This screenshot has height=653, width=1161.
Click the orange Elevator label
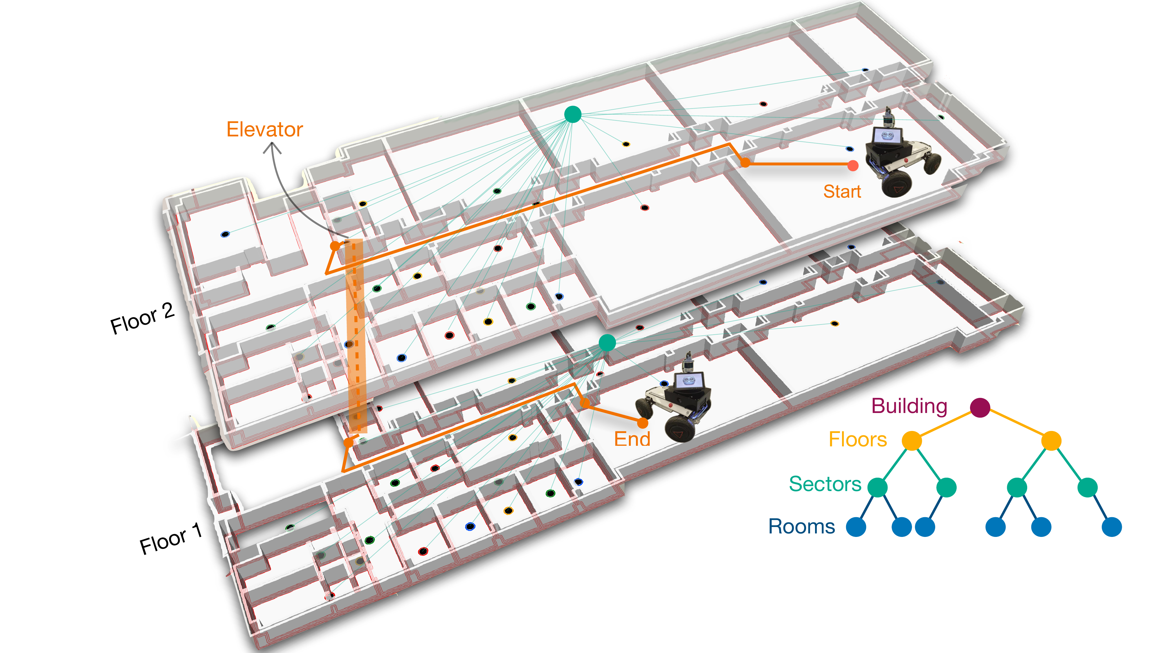tap(264, 130)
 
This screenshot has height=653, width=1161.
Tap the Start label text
tap(842, 192)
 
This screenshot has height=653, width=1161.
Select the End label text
tap(632, 439)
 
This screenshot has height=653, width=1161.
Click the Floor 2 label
tap(143, 318)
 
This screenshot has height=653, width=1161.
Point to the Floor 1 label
tap(170, 539)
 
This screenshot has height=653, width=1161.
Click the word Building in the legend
tap(909, 406)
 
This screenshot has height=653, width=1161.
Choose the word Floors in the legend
tap(858, 439)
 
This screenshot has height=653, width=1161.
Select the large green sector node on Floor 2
tap(572, 114)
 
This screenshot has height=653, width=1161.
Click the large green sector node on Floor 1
tap(607, 342)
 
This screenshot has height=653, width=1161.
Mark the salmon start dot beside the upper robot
tap(853, 165)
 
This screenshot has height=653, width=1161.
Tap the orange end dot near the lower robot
tap(643, 423)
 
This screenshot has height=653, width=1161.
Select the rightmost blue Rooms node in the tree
tap(1111, 527)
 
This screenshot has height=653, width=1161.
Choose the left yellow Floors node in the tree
tap(912, 440)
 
